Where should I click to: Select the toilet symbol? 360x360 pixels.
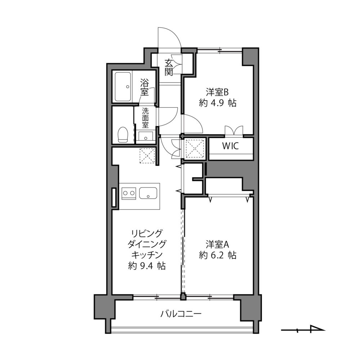pyautogui.click(x=123, y=134)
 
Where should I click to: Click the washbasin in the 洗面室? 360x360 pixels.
pyautogui.click(x=145, y=136)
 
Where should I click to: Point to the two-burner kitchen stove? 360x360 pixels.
pyautogui.click(x=129, y=194)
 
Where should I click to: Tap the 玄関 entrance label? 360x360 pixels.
pyautogui.click(x=169, y=67)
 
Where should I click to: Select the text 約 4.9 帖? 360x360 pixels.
pyautogui.click(x=217, y=103)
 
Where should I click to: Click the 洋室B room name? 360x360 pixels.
pyautogui.click(x=217, y=91)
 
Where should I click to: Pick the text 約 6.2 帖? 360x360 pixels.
pyautogui.click(x=217, y=255)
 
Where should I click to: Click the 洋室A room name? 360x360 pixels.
pyautogui.click(x=217, y=244)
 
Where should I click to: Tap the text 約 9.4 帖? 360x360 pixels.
pyautogui.click(x=147, y=266)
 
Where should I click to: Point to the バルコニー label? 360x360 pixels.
pyautogui.click(x=181, y=314)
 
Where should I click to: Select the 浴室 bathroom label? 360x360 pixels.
pyautogui.click(x=145, y=87)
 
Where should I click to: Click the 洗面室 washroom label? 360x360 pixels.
pyautogui.click(x=145, y=117)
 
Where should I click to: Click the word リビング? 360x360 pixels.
pyautogui.click(x=147, y=233)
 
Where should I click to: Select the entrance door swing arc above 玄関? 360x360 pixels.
pyautogui.click(x=170, y=37)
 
